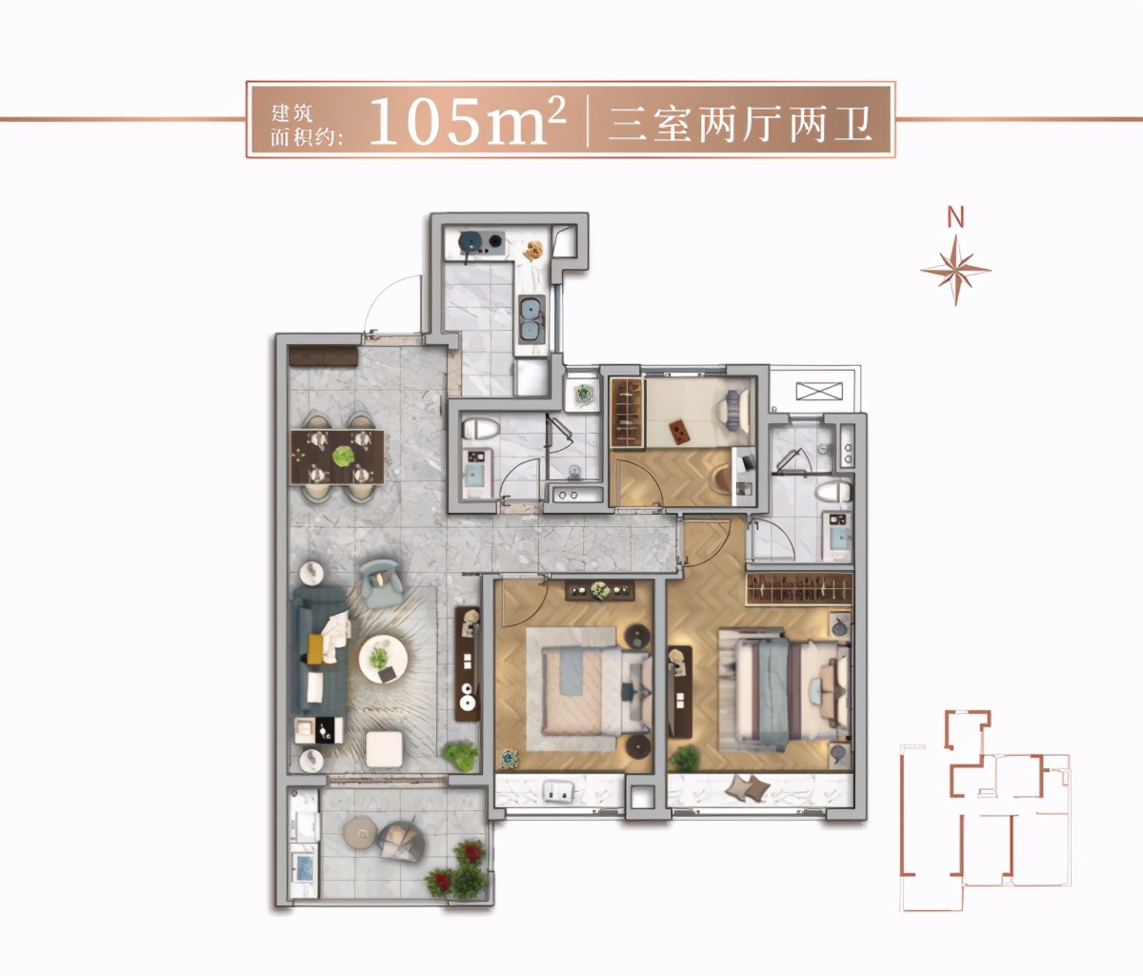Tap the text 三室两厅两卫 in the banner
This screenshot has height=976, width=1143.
pyautogui.click(x=740, y=123)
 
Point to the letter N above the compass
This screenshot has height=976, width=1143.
pyautogui.click(x=955, y=217)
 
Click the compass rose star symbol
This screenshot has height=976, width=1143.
pyautogui.click(x=955, y=269)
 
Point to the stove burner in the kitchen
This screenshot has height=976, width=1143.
pyautogui.click(x=471, y=243)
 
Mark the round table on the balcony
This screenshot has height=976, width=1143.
pyautogui.click(x=361, y=830)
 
